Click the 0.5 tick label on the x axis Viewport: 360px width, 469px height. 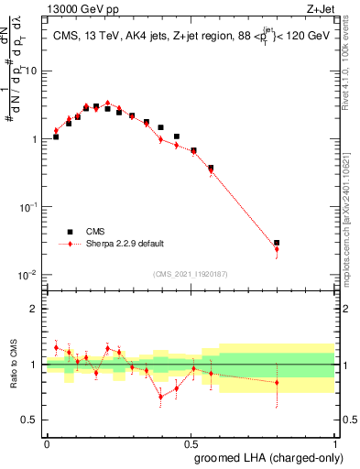191,442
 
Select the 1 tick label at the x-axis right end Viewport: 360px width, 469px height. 335,442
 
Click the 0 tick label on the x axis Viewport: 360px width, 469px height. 47,442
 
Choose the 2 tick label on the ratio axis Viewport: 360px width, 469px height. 35,309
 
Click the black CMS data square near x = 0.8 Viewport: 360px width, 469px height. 277,243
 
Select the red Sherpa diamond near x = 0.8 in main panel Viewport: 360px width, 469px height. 277,249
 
